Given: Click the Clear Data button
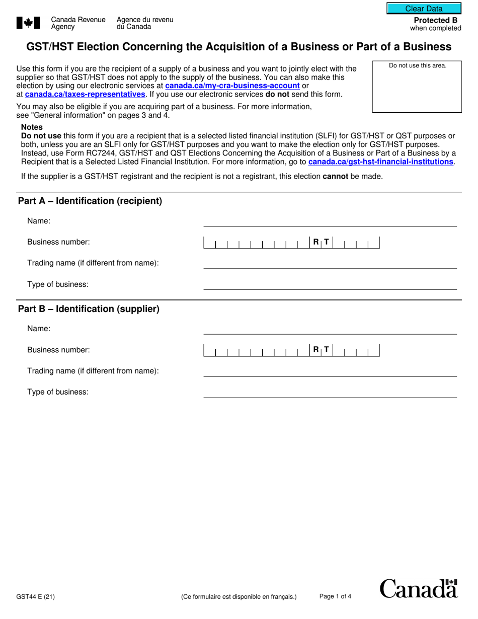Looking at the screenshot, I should click(424, 9).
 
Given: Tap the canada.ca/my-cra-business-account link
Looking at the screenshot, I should click(232, 86).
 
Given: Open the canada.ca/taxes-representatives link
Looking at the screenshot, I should click(85, 94).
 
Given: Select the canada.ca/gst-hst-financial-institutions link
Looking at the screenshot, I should click(381, 162).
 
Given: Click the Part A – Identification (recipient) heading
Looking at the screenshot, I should click(90, 201).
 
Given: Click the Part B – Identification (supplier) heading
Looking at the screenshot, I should click(89, 309).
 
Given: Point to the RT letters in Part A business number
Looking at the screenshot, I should click(321, 243).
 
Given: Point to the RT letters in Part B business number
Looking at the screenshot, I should click(321, 350).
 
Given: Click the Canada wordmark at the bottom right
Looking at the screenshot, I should click(418, 588).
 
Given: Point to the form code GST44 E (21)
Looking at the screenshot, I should click(35, 597).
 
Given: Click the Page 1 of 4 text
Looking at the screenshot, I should click(335, 597).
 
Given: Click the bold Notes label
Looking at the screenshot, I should click(32, 127).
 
